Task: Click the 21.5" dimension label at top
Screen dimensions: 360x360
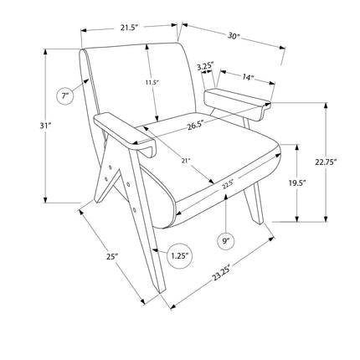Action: click(130, 28)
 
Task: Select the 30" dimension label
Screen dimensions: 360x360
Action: click(234, 36)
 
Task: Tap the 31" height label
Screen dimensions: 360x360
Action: click(46, 126)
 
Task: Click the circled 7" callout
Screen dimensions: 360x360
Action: click(65, 96)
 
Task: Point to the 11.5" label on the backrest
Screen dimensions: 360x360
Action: click(152, 82)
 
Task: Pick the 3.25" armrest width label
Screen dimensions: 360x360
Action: click(205, 67)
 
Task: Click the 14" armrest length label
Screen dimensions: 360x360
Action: click(248, 77)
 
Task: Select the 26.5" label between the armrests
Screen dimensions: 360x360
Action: click(196, 126)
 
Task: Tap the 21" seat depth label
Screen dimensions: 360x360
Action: click(185, 161)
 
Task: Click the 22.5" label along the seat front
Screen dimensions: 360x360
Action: click(228, 185)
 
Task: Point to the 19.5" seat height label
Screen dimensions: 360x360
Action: click(297, 183)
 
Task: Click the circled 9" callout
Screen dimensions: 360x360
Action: click(226, 241)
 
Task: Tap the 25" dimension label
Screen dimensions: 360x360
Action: click(112, 257)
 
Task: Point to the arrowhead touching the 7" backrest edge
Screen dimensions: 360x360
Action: click(86, 81)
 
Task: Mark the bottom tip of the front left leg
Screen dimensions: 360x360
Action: click(161, 293)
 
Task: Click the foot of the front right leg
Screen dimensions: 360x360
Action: click(260, 222)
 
